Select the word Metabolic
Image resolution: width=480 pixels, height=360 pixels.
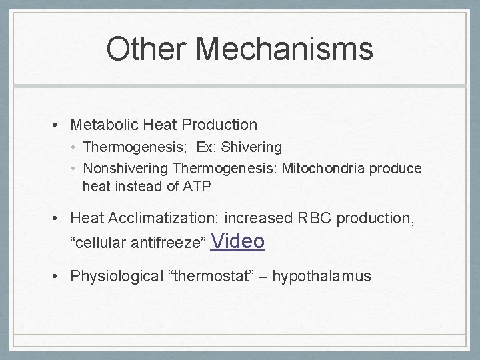point(99,125)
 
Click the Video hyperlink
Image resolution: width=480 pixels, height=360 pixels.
point(237,241)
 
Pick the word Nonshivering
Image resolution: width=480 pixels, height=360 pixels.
point(127,169)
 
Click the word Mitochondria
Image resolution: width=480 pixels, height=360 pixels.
point(323,169)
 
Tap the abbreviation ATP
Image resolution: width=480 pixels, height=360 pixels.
point(197,187)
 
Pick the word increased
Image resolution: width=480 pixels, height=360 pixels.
point(256,218)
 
